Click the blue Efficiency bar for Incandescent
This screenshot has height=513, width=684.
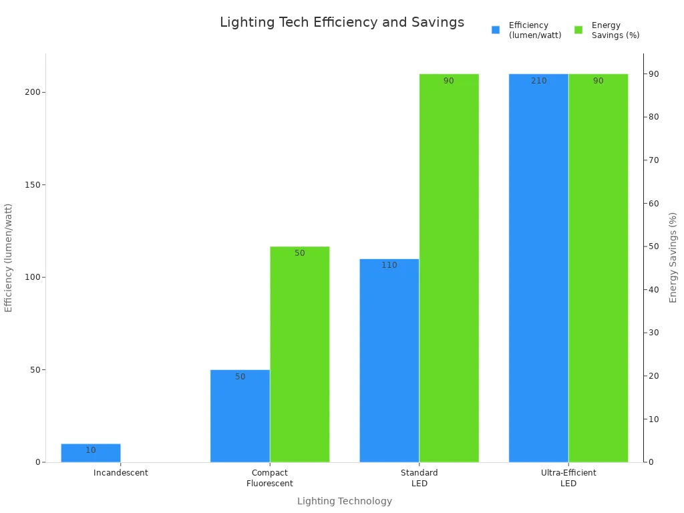[x=91, y=454]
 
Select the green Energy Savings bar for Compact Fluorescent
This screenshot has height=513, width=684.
[x=300, y=354]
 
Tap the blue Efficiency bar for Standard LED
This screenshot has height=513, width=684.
[x=389, y=361]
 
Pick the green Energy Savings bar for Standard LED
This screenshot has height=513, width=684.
[x=449, y=267]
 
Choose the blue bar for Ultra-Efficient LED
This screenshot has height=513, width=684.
[x=538, y=267]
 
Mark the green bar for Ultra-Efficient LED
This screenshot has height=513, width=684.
[x=598, y=267]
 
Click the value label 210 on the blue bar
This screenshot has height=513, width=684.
[x=539, y=81]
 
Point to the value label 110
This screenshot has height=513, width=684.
[x=389, y=265]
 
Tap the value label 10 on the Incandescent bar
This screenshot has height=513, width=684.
[x=91, y=450]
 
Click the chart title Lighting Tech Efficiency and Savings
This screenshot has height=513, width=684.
[x=342, y=23]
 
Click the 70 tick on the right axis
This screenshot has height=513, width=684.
[x=654, y=160]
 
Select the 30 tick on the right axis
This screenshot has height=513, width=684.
[x=654, y=333]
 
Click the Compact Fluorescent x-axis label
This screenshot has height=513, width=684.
[x=270, y=478]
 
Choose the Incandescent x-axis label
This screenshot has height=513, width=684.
[x=121, y=473]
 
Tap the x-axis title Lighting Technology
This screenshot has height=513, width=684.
[x=345, y=501]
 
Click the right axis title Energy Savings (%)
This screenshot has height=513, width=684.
[x=673, y=257]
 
